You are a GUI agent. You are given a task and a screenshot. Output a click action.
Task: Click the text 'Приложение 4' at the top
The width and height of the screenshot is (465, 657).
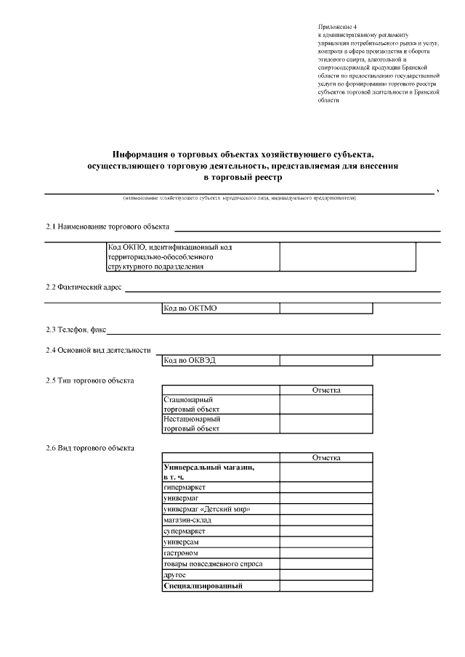click(339, 26)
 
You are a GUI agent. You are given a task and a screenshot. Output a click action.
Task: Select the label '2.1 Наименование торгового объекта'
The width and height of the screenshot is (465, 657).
click(108, 227)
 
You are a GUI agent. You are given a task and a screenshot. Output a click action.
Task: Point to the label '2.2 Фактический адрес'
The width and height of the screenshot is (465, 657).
click(84, 287)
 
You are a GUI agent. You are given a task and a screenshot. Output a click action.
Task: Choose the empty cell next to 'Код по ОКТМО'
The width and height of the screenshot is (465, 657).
click(326, 309)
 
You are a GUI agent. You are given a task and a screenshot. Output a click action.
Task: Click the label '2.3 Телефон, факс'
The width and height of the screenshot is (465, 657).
click(76, 330)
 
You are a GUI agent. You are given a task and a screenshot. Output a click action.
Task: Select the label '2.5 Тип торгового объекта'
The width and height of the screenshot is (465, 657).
click(90, 380)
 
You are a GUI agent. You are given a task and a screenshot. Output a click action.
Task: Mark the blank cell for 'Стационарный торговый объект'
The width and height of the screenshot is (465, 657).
click(326, 404)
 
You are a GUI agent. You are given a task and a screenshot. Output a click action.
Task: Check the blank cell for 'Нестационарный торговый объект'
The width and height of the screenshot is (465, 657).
click(326, 423)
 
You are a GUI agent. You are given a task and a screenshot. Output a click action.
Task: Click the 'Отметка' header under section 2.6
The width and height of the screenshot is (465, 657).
click(326, 458)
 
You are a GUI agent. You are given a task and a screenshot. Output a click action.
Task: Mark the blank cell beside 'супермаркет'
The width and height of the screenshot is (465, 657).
click(326, 531)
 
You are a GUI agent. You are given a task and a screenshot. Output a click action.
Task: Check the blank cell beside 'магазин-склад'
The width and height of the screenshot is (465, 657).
click(326, 520)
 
